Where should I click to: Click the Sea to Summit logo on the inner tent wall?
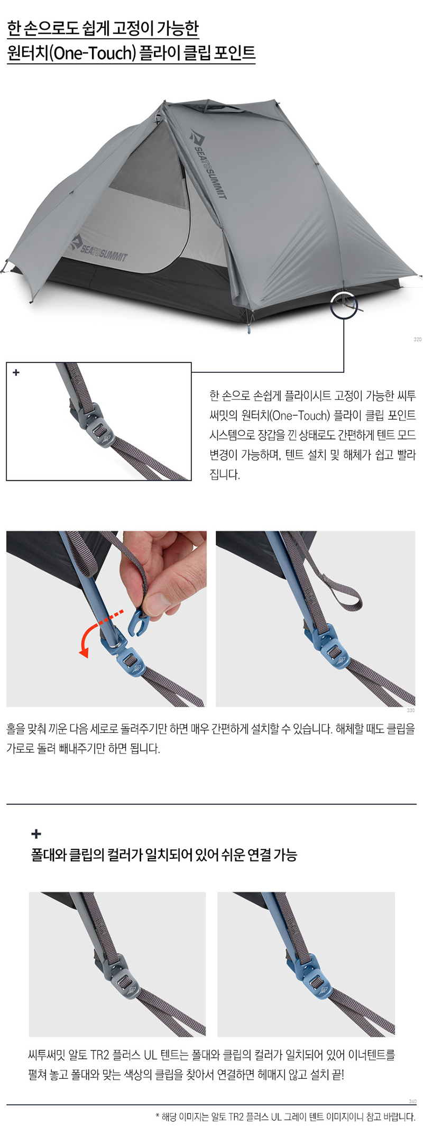tap(99, 248)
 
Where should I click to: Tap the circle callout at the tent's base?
tap(344, 305)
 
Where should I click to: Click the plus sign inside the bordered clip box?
tap(16, 372)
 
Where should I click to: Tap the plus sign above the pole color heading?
tap(36, 834)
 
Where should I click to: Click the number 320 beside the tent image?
tap(417, 340)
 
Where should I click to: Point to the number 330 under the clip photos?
tap(411, 710)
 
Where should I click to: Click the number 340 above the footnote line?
tap(412, 1102)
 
